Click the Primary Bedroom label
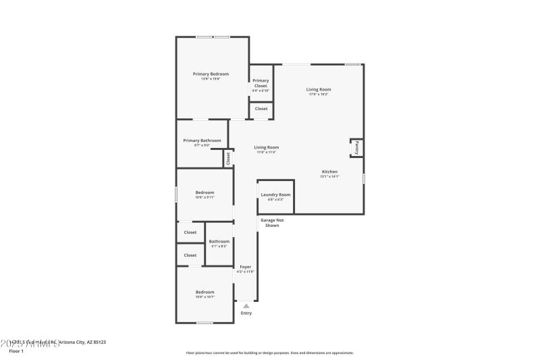(211, 74)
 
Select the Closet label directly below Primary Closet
(261, 109)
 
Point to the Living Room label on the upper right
(319, 89)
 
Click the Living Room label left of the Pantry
(266, 147)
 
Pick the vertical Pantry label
(356, 147)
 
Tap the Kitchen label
(329, 172)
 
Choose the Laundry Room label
(275, 195)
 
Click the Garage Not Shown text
(272, 223)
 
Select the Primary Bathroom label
(202, 140)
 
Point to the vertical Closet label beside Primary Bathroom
(228, 158)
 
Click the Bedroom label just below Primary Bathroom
(205, 192)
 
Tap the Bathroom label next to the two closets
(219, 241)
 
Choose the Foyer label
(246, 267)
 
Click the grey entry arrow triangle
(246, 306)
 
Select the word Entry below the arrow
(246, 313)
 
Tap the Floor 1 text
(16, 351)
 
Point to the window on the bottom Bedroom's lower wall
(205, 322)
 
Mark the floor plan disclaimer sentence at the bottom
(270, 353)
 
